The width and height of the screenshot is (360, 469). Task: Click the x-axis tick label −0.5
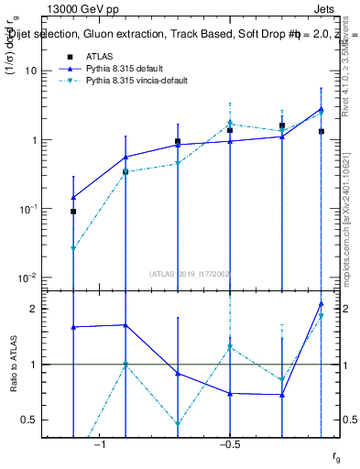pyautogui.click(x=229, y=444)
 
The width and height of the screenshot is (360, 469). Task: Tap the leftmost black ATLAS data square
pyautogui.click(x=73, y=212)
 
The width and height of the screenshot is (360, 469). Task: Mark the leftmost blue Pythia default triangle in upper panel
pyautogui.click(x=73, y=197)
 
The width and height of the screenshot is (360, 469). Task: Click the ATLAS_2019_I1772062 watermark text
pyautogui.click(x=191, y=273)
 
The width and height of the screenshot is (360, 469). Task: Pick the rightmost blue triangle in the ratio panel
pyautogui.click(x=321, y=303)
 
